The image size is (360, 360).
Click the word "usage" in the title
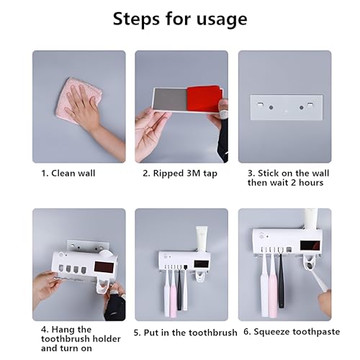(x=222, y=19)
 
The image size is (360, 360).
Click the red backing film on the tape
(x=204, y=99)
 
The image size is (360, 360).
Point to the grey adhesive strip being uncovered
(x=170, y=99)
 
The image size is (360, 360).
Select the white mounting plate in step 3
(x=287, y=107)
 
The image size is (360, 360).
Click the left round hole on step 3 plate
(x=271, y=107)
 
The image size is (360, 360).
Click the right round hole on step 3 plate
(x=302, y=107)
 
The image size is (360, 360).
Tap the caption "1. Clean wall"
(x=68, y=173)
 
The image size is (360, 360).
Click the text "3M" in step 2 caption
(x=194, y=173)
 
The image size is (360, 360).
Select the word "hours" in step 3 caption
(x=311, y=183)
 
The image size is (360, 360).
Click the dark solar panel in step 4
(x=104, y=267)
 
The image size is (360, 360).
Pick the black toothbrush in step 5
(x=179, y=288)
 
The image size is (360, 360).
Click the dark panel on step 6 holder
(x=310, y=246)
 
